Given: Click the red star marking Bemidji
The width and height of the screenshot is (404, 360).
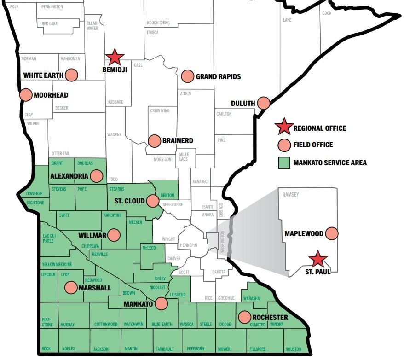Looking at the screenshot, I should click(x=115, y=58).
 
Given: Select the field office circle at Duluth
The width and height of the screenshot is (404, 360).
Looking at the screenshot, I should click(x=264, y=103).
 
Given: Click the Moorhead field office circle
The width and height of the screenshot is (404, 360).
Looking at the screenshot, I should click(x=26, y=95).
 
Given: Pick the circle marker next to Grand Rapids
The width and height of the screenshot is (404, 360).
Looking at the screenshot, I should click(x=187, y=76).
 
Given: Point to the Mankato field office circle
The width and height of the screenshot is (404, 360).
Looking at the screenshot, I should click(x=161, y=304).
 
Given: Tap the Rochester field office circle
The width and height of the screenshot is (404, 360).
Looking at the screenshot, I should click(x=245, y=317).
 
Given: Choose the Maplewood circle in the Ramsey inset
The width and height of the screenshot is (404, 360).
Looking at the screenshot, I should click(x=331, y=233).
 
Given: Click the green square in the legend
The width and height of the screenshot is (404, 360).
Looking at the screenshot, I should click(x=284, y=163).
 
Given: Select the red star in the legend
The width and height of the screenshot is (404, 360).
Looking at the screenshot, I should click(x=284, y=127).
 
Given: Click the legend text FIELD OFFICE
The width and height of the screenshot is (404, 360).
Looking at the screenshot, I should click(x=313, y=145).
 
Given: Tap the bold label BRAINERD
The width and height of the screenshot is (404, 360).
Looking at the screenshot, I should click(x=178, y=140).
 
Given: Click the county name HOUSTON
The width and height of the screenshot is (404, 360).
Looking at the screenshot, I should click(x=293, y=349).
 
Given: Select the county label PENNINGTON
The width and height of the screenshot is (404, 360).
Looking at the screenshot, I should click(x=52, y=7).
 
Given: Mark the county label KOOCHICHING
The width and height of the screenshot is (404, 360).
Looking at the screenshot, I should click(x=158, y=23).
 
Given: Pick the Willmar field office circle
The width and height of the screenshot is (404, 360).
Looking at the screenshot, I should click(x=114, y=235).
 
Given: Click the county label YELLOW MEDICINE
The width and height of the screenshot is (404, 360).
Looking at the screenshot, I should click(x=57, y=264).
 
